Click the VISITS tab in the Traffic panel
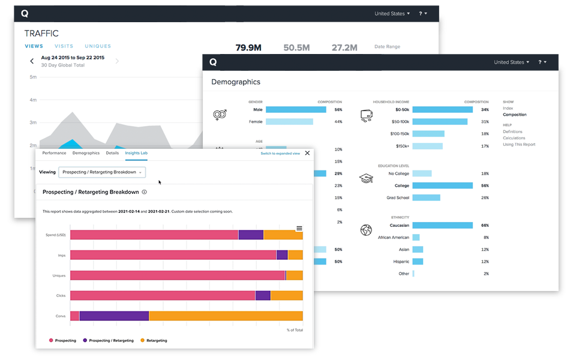coord(64,46)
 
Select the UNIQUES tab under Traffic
coord(98,46)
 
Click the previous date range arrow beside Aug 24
coord(32,61)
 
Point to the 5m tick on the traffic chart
coord(34,77)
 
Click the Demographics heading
coord(236,82)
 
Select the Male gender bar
coord(296,110)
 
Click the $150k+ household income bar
coord(427,146)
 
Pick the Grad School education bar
coord(426,197)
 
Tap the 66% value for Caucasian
coord(485,226)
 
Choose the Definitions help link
coord(512,131)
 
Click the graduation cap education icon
coord(365,178)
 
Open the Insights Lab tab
coord(136,153)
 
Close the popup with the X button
coord(308,153)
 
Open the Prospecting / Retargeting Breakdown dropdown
coord(101,172)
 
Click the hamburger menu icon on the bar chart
coord(299,228)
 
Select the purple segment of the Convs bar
coord(114,316)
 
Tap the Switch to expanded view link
coord(280,154)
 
